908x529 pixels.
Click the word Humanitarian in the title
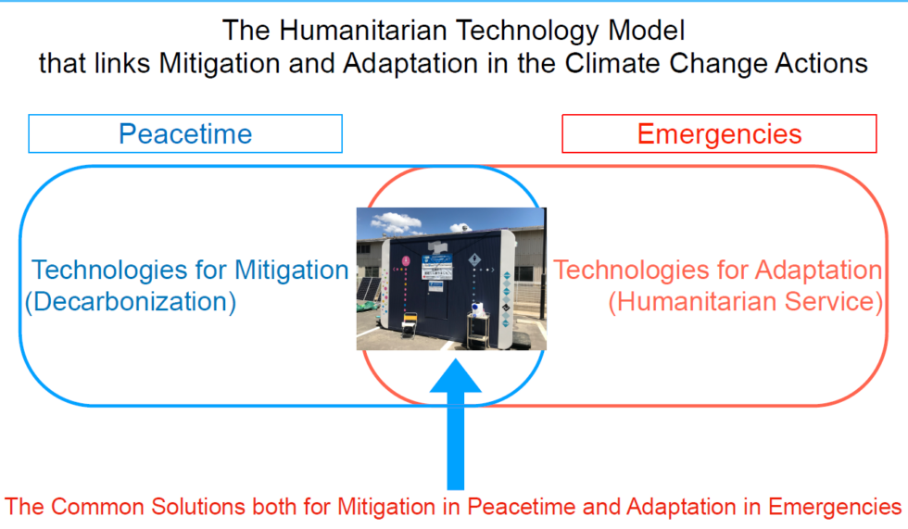coord(363,30)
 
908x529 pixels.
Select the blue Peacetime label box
coord(185,133)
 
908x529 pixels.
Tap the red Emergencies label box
coord(719,133)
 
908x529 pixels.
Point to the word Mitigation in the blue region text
coord(291,271)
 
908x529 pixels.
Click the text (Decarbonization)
coord(131,302)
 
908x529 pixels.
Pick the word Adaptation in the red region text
coord(819,271)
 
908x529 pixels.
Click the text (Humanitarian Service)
coord(746,302)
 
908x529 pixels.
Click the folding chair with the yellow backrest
coord(409,324)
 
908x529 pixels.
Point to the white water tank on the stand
coord(478,309)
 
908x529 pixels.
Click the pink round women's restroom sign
coord(406,260)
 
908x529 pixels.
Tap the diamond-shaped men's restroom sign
coord(474,260)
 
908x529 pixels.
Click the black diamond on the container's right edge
coord(506,308)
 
